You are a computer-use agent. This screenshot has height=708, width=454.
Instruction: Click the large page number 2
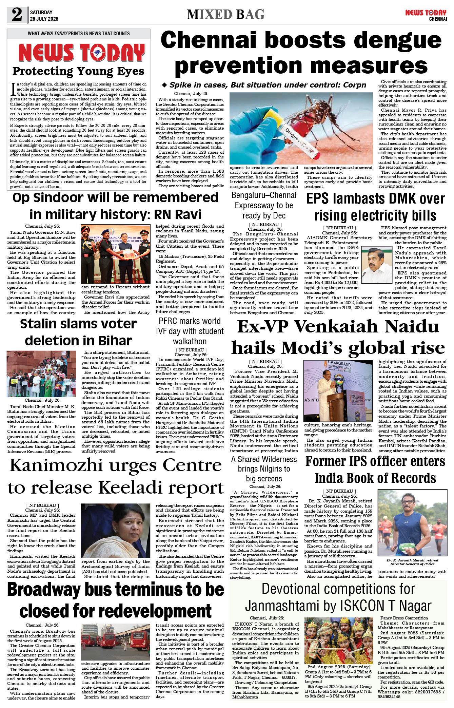[x=17, y=15]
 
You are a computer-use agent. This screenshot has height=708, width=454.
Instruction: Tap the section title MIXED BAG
[x=225, y=14]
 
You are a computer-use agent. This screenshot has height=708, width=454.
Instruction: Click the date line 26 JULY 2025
[x=44, y=19]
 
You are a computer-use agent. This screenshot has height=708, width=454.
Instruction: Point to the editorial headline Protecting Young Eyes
[x=78, y=71]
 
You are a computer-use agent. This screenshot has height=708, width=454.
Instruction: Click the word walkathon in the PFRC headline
[x=190, y=341]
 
